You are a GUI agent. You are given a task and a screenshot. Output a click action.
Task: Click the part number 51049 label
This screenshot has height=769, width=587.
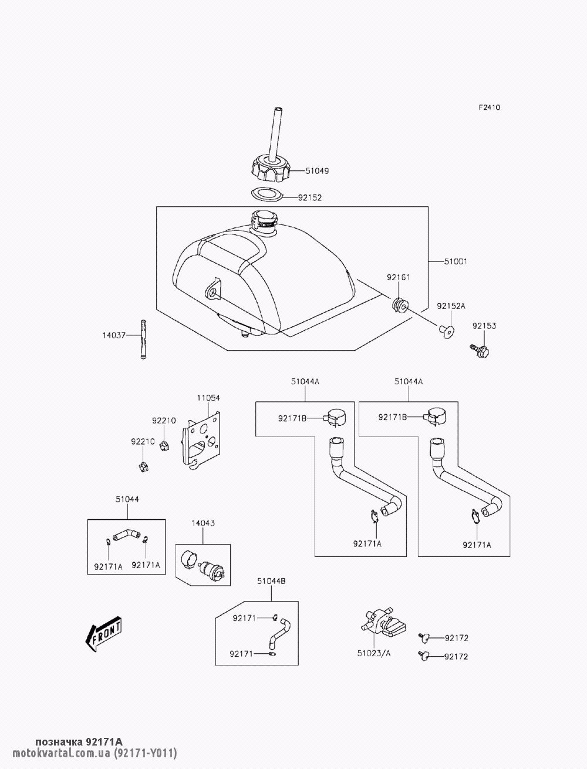point(317,172)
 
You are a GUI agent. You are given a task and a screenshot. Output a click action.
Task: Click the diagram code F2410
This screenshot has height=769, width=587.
point(488,108)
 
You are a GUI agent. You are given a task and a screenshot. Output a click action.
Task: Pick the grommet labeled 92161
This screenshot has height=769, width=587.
point(400,305)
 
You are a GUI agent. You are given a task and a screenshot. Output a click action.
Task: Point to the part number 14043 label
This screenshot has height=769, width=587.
point(203,523)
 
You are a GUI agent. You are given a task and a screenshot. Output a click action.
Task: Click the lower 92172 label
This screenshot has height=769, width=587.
point(456,656)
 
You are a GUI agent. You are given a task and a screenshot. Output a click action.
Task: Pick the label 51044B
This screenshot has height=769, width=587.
point(271,581)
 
